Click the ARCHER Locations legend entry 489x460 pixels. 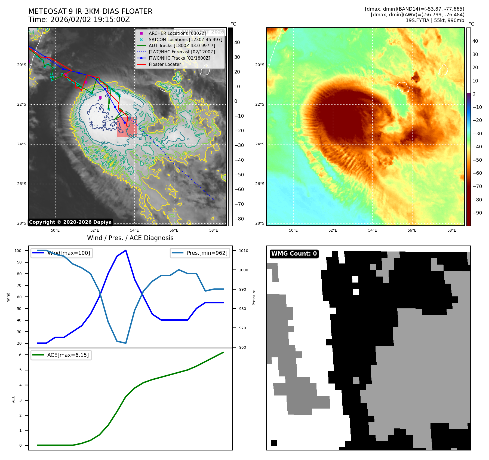coord(177,33)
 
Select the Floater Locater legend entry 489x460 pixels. coord(165,64)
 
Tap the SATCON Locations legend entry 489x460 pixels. coord(185,39)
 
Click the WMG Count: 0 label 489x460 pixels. coord(294,254)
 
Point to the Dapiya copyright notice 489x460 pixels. coord(70,222)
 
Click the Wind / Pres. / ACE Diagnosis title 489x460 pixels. coord(130,238)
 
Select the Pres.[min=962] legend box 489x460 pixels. coord(200,253)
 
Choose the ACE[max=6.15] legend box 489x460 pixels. coord(61,355)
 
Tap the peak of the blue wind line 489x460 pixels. coord(126,250)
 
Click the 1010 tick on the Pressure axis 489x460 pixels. coord(244,251)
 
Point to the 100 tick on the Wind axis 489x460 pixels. coord(18,251)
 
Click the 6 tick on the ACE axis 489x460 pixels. coord(20,355)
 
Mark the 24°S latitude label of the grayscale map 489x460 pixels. coord(22,144)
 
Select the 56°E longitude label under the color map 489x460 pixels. coord(412,230)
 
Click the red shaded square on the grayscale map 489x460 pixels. coord(127,127)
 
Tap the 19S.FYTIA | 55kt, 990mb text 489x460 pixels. coord(435,20)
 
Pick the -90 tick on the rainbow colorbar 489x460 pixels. coord(477,213)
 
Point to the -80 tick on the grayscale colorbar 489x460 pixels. coord(239,219)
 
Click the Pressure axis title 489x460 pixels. coord(254,297)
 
